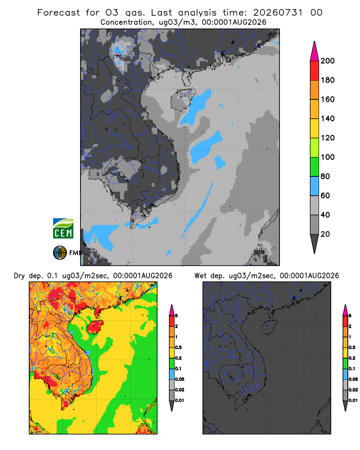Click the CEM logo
point(63,228)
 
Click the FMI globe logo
point(60,252)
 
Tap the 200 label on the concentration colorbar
point(328,61)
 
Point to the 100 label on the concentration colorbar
point(328,157)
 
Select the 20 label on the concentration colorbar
point(325,234)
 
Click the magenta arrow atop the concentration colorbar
point(315,51)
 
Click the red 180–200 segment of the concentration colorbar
point(315,71)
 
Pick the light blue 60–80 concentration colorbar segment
point(315,186)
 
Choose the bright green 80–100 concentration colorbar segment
point(315,167)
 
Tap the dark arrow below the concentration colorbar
point(315,243)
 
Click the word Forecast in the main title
point(58,13)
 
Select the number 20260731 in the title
point(278,13)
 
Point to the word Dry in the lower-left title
point(19,276)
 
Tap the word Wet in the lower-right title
point(200,276)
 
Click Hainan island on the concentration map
point(183,99)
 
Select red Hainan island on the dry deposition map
point(95,327)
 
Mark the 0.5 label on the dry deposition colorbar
point(178,347)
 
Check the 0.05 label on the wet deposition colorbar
point(353,379)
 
